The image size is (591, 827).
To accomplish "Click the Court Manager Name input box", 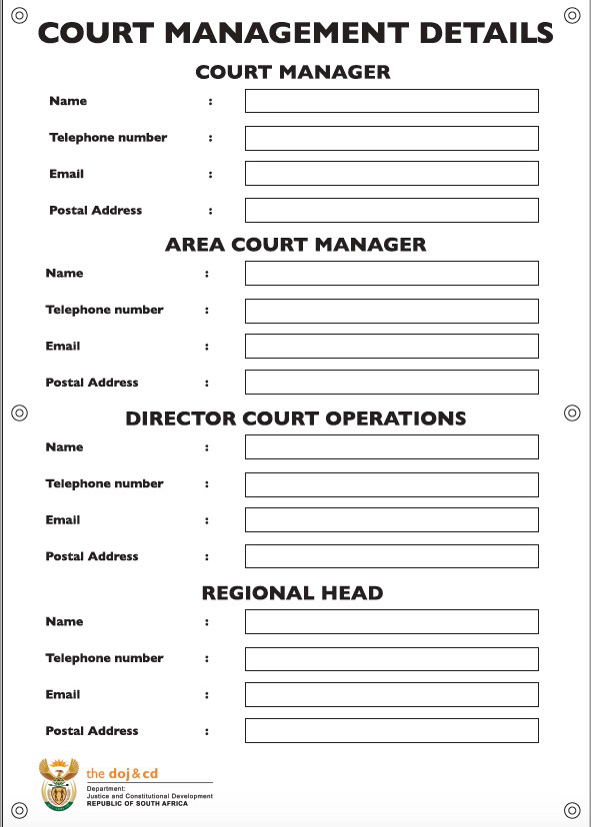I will click(391, 101).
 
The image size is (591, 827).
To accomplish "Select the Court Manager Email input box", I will click(391, 174).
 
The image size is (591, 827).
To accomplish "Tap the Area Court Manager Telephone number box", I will click(391, 310).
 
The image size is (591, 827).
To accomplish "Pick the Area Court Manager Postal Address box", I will click(391, 383).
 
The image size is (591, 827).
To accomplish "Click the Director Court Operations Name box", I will click(391, 447).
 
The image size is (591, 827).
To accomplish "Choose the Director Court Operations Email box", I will click(391, 520).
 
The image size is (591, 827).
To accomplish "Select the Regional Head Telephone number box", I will click(391, 658).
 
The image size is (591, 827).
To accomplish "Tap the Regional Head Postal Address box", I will click(391, 731).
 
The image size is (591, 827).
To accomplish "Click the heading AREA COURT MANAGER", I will click(295, 245).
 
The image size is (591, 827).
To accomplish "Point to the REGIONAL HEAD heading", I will click(292, 593).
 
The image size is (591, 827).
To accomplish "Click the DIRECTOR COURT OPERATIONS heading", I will click(295, 418).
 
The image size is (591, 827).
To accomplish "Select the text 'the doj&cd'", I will click(122, 773).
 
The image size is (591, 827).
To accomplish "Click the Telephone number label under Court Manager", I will click(108, 138).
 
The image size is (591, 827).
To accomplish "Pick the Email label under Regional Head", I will click(63, 694).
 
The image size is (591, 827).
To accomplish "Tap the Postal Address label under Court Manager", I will click(95, 211).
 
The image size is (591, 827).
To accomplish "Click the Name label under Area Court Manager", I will click(64, 274).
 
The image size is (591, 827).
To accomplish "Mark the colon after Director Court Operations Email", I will click(207, 520).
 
